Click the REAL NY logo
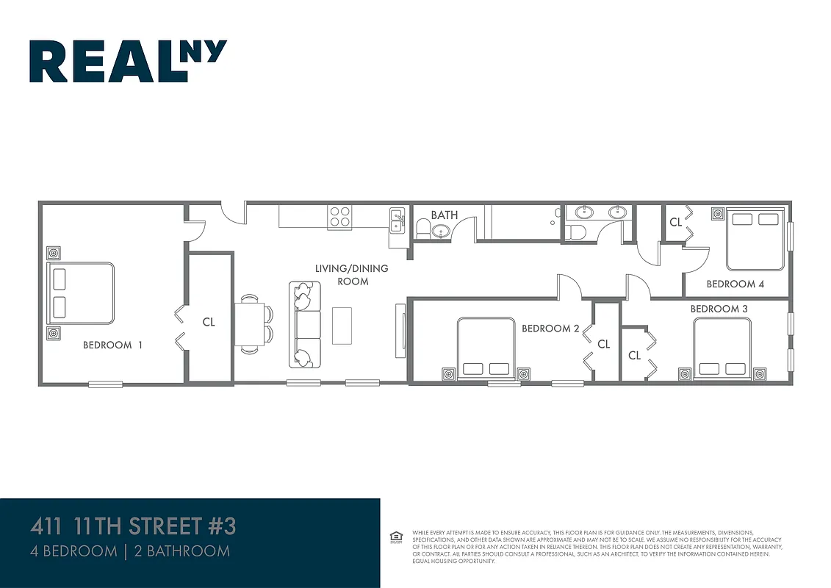[x=128, y=61]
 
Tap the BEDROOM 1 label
[x=112, y=345]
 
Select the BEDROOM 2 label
[x=551, y=329]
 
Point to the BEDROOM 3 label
[x=719, y=309]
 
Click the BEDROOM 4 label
[x=730, y=284]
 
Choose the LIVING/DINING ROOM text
[x=351, y=274]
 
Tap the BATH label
[x=444, y=215]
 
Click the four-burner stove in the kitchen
[x=339, y=217]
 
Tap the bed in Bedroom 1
[x=81, y=293]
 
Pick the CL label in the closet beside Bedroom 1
[x=209, y=322]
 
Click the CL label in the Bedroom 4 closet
[x=674, y=222]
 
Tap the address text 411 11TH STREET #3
[x=133, y=527]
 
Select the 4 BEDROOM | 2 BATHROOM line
[x=129, y=551]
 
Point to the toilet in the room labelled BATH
[x=422, y=229]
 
